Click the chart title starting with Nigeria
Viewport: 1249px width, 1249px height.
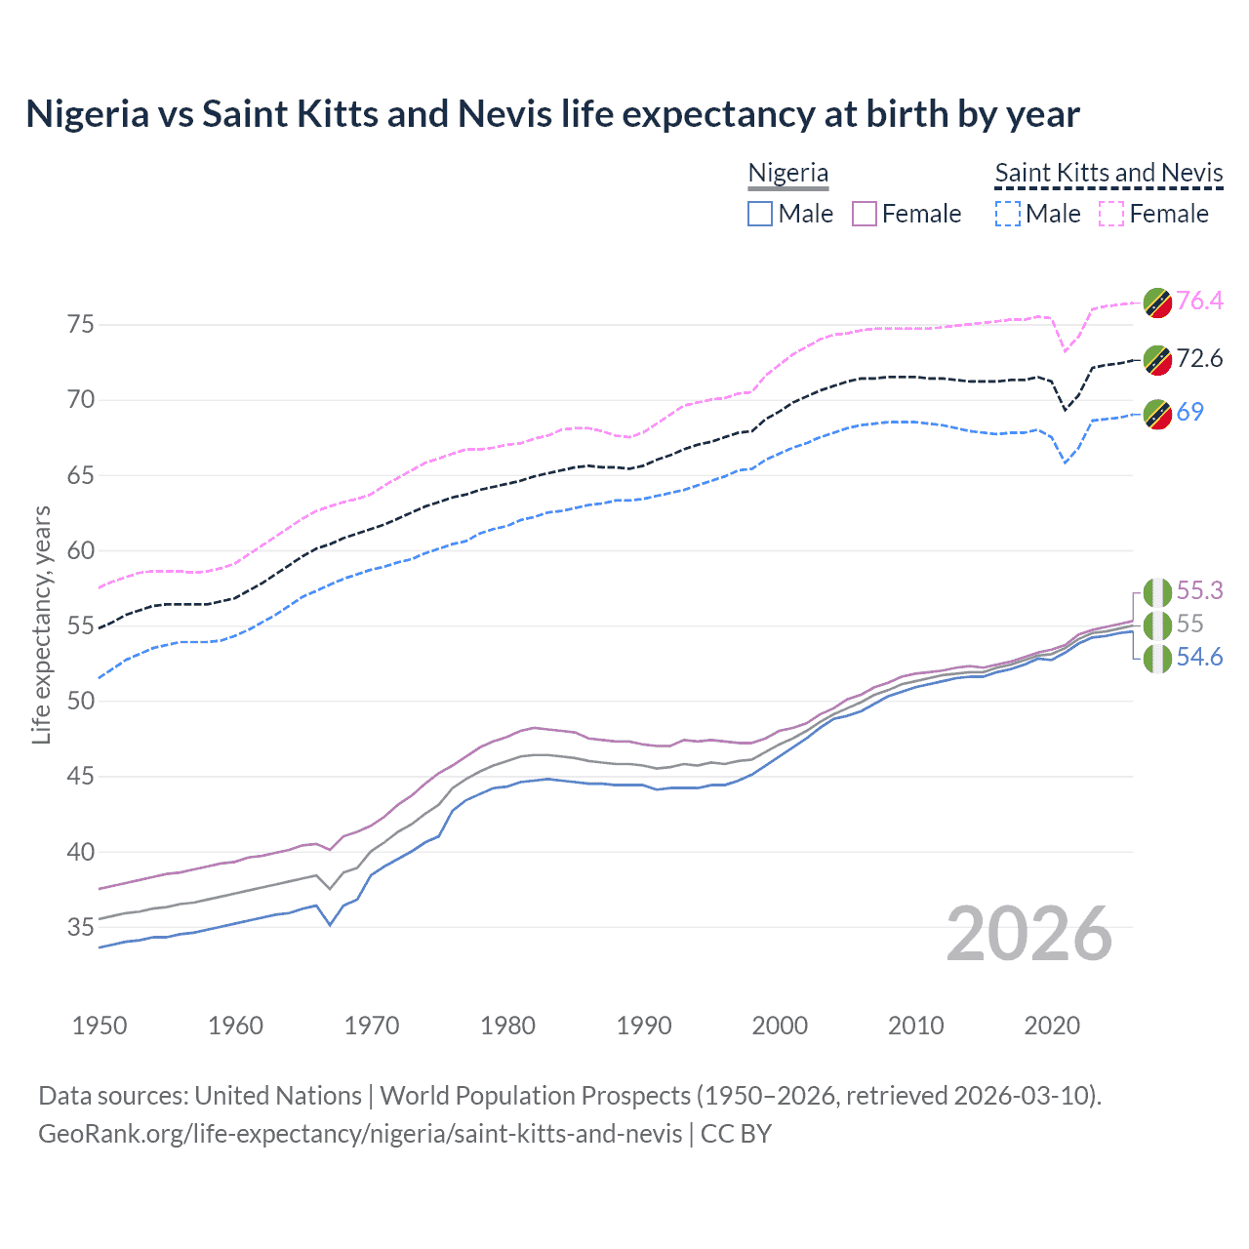(x=552, y=114)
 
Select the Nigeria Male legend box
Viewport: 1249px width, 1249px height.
(x=760, y=214)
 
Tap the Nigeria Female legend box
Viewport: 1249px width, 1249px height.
(x=865, y=214)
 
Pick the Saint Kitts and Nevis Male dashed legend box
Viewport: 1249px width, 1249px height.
(x=1008, y=214)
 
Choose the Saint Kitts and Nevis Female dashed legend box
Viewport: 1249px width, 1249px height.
(x=1111, y=214)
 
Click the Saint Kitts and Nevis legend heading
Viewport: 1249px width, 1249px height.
(x=1108, y=173)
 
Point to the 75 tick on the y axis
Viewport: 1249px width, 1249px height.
(x=81, y=324)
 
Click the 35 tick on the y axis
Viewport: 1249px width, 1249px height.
(x=81, y=927)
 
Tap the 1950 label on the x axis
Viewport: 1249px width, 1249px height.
(x=100, y=1026)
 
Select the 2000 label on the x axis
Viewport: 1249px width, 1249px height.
(x=780, y=1026)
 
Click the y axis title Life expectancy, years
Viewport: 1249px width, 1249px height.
(x=41, y=624)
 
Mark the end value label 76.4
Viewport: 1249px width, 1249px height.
(x=1199, y=301)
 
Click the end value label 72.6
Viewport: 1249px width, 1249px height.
(x=1199, y=358)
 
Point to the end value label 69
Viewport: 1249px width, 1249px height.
(x=1189, y=412)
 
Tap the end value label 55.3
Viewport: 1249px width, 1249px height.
(x=1199, y=590)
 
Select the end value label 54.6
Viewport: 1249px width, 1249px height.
(x=1199, y=657)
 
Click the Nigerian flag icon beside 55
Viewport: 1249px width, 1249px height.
(x=1157, y=624)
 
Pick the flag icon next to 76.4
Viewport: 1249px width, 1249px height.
(x=1157, y=302)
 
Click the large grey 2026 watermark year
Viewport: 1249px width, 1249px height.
(x=1028, y=934)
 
